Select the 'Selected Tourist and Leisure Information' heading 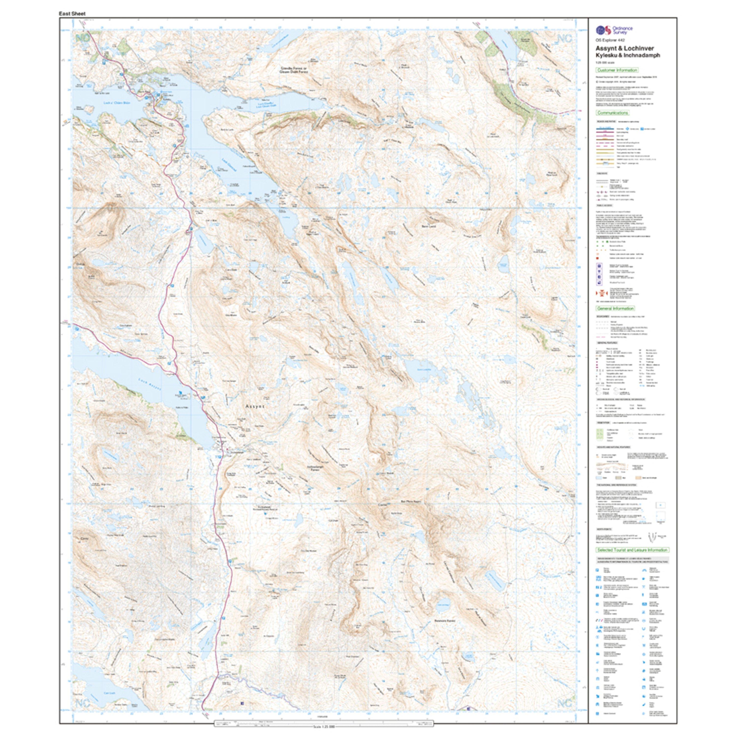632,550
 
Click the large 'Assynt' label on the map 255,407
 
